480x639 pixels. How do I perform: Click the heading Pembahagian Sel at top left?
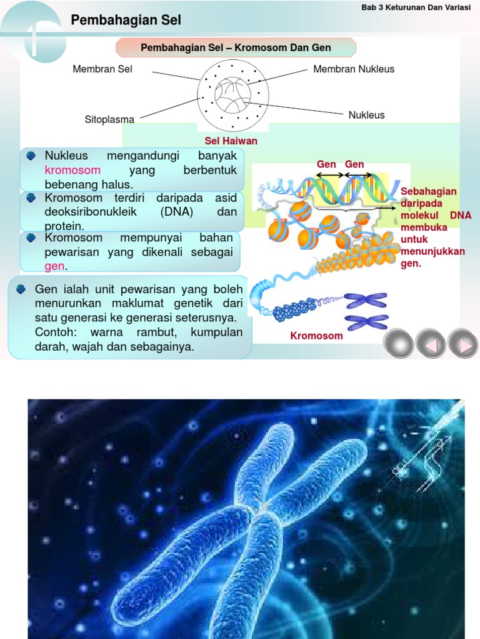click(126, 21)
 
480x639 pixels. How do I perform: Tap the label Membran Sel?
click(102, 69)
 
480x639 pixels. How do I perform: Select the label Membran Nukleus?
click(354, 69)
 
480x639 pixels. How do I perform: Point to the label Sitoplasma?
click(109, 119)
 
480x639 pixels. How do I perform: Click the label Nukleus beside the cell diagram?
click(366, 115)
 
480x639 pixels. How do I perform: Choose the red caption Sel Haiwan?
click(231, 141)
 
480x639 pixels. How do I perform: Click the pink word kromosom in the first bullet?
click(72, 170)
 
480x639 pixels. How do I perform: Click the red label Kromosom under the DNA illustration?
click(316, 336)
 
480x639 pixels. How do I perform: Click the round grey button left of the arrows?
click(398, 344)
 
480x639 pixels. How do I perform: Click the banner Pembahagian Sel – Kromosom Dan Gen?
click(236, 47)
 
